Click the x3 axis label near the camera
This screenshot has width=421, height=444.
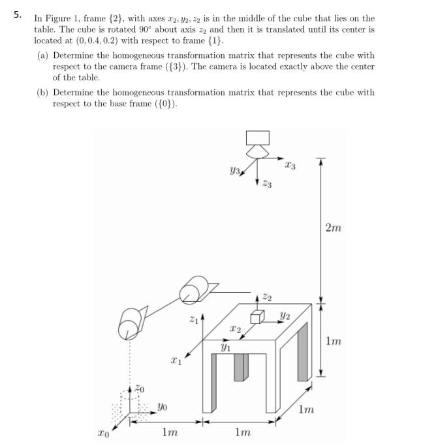click(x=290, y=166)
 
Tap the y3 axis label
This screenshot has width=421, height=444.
click(x=236, y=172)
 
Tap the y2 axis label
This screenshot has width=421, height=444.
click(x=285, y=317)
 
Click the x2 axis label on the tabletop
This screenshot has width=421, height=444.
click(x=235, y=330)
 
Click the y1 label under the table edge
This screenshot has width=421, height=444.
click(x=225, y=349)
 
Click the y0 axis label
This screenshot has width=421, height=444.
click(x=162, y=407)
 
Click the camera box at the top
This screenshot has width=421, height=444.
click(x=257, y=138)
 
